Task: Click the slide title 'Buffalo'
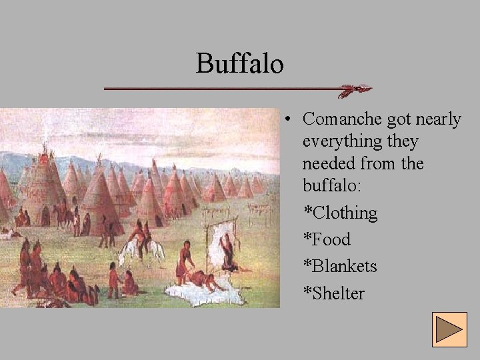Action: pos(240,64)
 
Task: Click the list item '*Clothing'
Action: pos(340,213)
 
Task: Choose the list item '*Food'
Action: pos(327,239)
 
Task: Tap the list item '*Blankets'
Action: pos(340,266)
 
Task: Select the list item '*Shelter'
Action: pos(334,293)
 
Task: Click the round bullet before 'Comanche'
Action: pos(285,120)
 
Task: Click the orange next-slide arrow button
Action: pos(449,329)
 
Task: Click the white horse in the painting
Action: pos(141,250)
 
